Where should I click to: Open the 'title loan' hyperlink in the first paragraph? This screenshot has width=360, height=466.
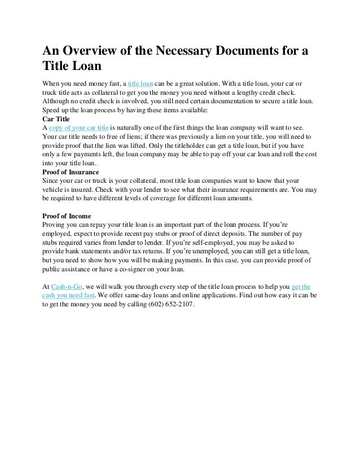tap(142, 83)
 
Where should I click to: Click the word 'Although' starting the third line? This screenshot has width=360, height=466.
tap(57, 101)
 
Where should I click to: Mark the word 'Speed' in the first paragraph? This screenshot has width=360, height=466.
tap(52, 110)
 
